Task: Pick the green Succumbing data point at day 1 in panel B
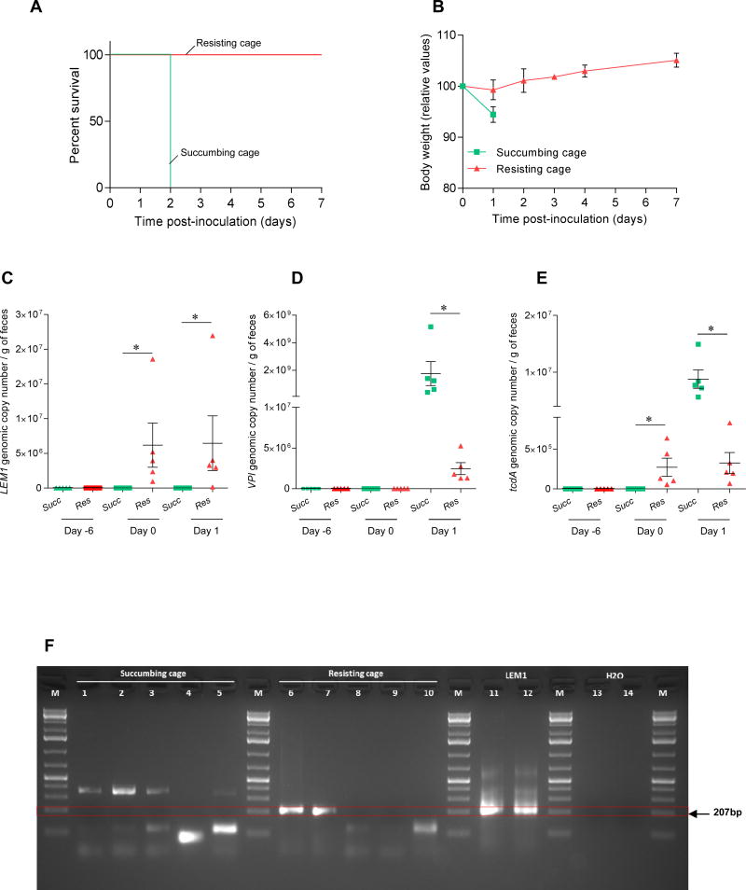pyautogui.click(x=493, y=115)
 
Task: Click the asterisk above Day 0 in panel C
pyautogui.click(x=136, y=349)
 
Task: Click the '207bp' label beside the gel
pyautogui.click(x=723, y=814)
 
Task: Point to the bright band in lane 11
pyautogui.click(x=490, y=810)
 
